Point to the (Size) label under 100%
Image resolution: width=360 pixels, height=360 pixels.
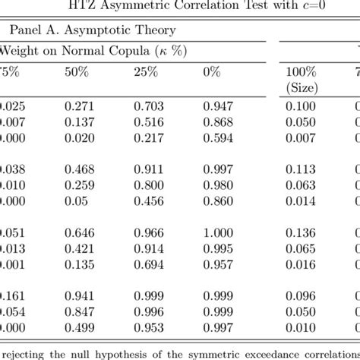pyautogui.click(x=302, y=86)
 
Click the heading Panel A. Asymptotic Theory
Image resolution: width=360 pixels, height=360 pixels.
pyautogui.click(x=90, y=30)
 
